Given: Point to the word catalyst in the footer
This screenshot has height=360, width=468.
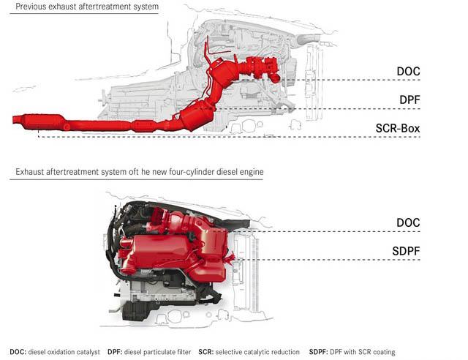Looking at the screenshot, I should (x=86, y=351).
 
